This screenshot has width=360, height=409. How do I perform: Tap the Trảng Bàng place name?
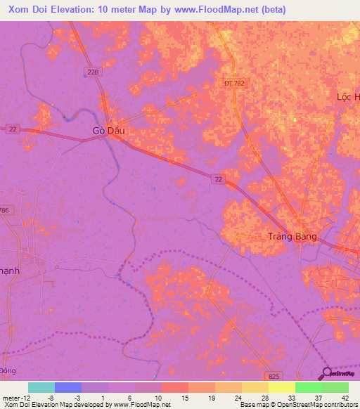[292, 236]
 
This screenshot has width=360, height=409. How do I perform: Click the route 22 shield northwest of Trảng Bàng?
[219, 180]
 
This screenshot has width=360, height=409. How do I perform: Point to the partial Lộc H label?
[347, 97]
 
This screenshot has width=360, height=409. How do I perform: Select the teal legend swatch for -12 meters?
[41, 387]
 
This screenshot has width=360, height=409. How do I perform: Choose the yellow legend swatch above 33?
[281, 387]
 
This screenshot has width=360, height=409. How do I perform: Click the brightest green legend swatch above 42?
[335, 387]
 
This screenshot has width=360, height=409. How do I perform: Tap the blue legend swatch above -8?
[68, 387]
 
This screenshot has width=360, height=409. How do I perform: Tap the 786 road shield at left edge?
[6, 210]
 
